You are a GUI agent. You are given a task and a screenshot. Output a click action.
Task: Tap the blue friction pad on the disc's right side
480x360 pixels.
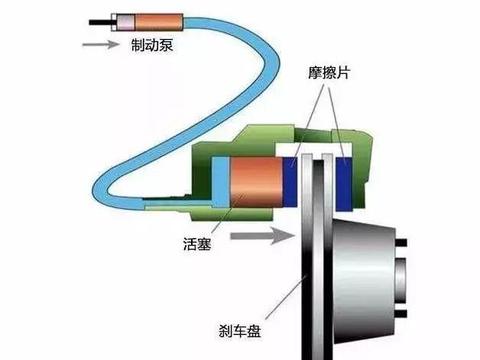pyautogui.click(x=344, y=180)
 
